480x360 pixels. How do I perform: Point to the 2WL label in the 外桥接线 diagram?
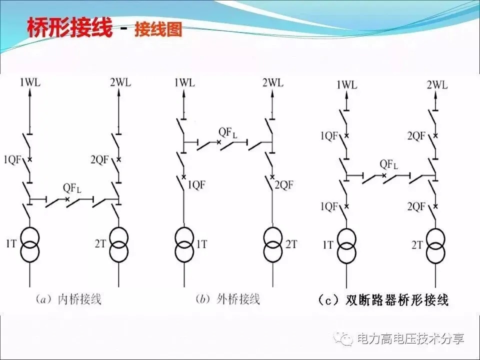click(271, 81)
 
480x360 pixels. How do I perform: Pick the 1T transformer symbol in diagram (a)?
click(29, 244)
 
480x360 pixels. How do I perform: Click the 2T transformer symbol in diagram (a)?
click(119, 244)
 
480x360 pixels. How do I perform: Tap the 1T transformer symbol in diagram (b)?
click(184, 244)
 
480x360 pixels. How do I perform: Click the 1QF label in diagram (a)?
click(12, 159)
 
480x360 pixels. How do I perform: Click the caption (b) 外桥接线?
click(227, 299)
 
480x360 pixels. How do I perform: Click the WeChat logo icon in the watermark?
click(345, 339)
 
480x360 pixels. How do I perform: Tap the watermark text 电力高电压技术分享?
click(410, 339)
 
